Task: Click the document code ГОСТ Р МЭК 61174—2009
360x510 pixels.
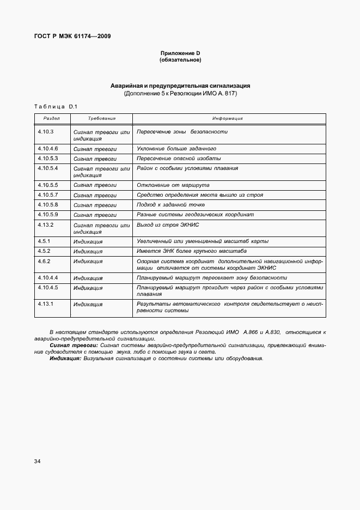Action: [x=72, y=37]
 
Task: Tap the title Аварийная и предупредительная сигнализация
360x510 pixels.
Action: [x=180, y=86]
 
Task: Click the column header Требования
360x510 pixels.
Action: [x=102, y=118]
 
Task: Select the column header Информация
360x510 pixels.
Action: [x=228, y=118]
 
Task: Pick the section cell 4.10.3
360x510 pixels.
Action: [x=46, y=132]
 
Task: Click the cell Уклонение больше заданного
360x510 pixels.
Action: [x=176, y=148]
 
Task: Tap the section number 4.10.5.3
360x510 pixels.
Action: [x=48, y=158]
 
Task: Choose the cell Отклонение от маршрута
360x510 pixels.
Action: [x=173, y=185]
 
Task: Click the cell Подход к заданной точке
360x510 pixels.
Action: [x=170, y=205]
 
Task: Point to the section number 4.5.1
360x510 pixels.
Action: [x=44, y=241]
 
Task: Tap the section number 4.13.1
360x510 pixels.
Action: [x=45, y=303]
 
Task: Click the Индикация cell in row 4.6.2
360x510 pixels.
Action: [x=88, y=262]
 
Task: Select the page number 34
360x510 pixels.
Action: [x=37, y=462]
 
